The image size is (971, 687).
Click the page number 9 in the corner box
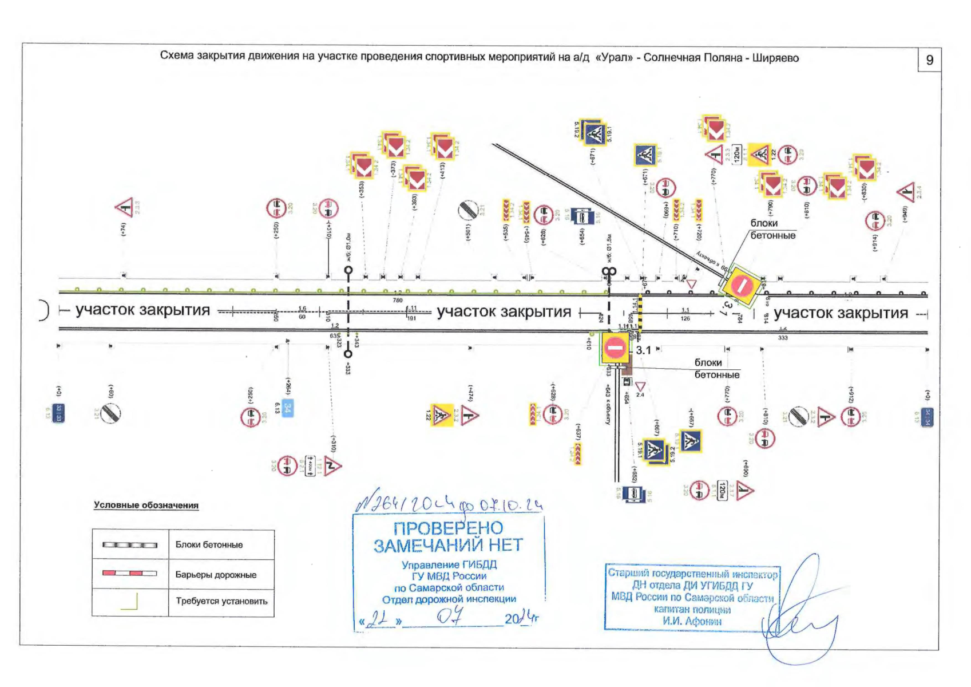pos(930,60)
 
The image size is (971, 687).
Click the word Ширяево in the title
pos(775,58)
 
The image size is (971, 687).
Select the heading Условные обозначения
pos(146,505)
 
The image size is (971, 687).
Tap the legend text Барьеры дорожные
pos(216,575)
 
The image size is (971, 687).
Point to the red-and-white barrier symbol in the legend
pos(129,573)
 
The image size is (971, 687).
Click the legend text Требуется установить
pos(221,601)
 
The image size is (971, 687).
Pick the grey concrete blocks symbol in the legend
pos(129,545)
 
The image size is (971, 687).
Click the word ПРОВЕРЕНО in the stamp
pos(448,528)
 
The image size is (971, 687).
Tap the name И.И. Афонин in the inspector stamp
pos(692,621)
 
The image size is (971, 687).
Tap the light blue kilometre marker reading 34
pos(288,408)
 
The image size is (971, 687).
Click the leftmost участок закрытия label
pos(142,310)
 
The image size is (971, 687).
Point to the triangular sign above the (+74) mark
pos(125,207)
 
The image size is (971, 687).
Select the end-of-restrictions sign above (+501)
pos(467,211)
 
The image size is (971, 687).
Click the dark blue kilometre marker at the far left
pos(58,412)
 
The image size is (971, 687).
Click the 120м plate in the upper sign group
pos(737,153)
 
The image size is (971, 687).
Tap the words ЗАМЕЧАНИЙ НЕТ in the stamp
pos(448,545)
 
